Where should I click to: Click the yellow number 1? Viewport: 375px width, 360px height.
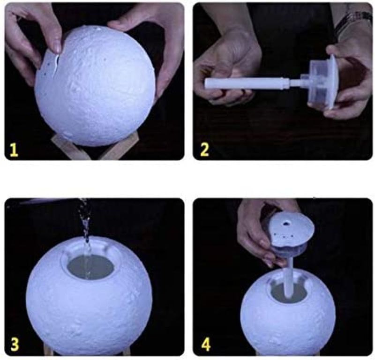pos(14,150)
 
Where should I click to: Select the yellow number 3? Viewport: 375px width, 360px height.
pos(15,344)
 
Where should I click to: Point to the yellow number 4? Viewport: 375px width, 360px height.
pos(206,345)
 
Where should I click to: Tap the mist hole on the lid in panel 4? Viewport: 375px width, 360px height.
pos(285,224)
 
